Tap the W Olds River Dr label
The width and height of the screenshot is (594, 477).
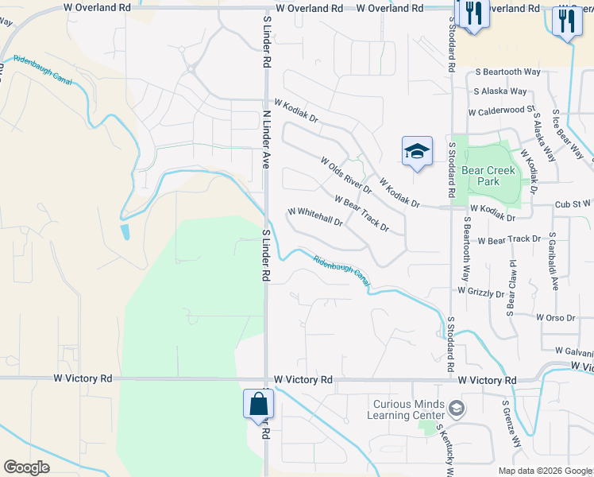(346, 175)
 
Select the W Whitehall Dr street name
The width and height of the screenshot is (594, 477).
(315, 217)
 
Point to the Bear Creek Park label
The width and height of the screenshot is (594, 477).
(488, 176)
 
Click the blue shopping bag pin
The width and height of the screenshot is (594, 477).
(259, 404)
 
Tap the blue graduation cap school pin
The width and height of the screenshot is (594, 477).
(417, 151)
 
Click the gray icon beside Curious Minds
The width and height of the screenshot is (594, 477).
(457, 409)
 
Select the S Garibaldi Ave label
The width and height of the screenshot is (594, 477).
(552, 262)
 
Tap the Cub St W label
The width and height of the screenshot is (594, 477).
(573, 204)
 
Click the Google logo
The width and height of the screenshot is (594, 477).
(26, 467)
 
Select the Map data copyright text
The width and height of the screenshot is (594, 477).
(544, 471)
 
